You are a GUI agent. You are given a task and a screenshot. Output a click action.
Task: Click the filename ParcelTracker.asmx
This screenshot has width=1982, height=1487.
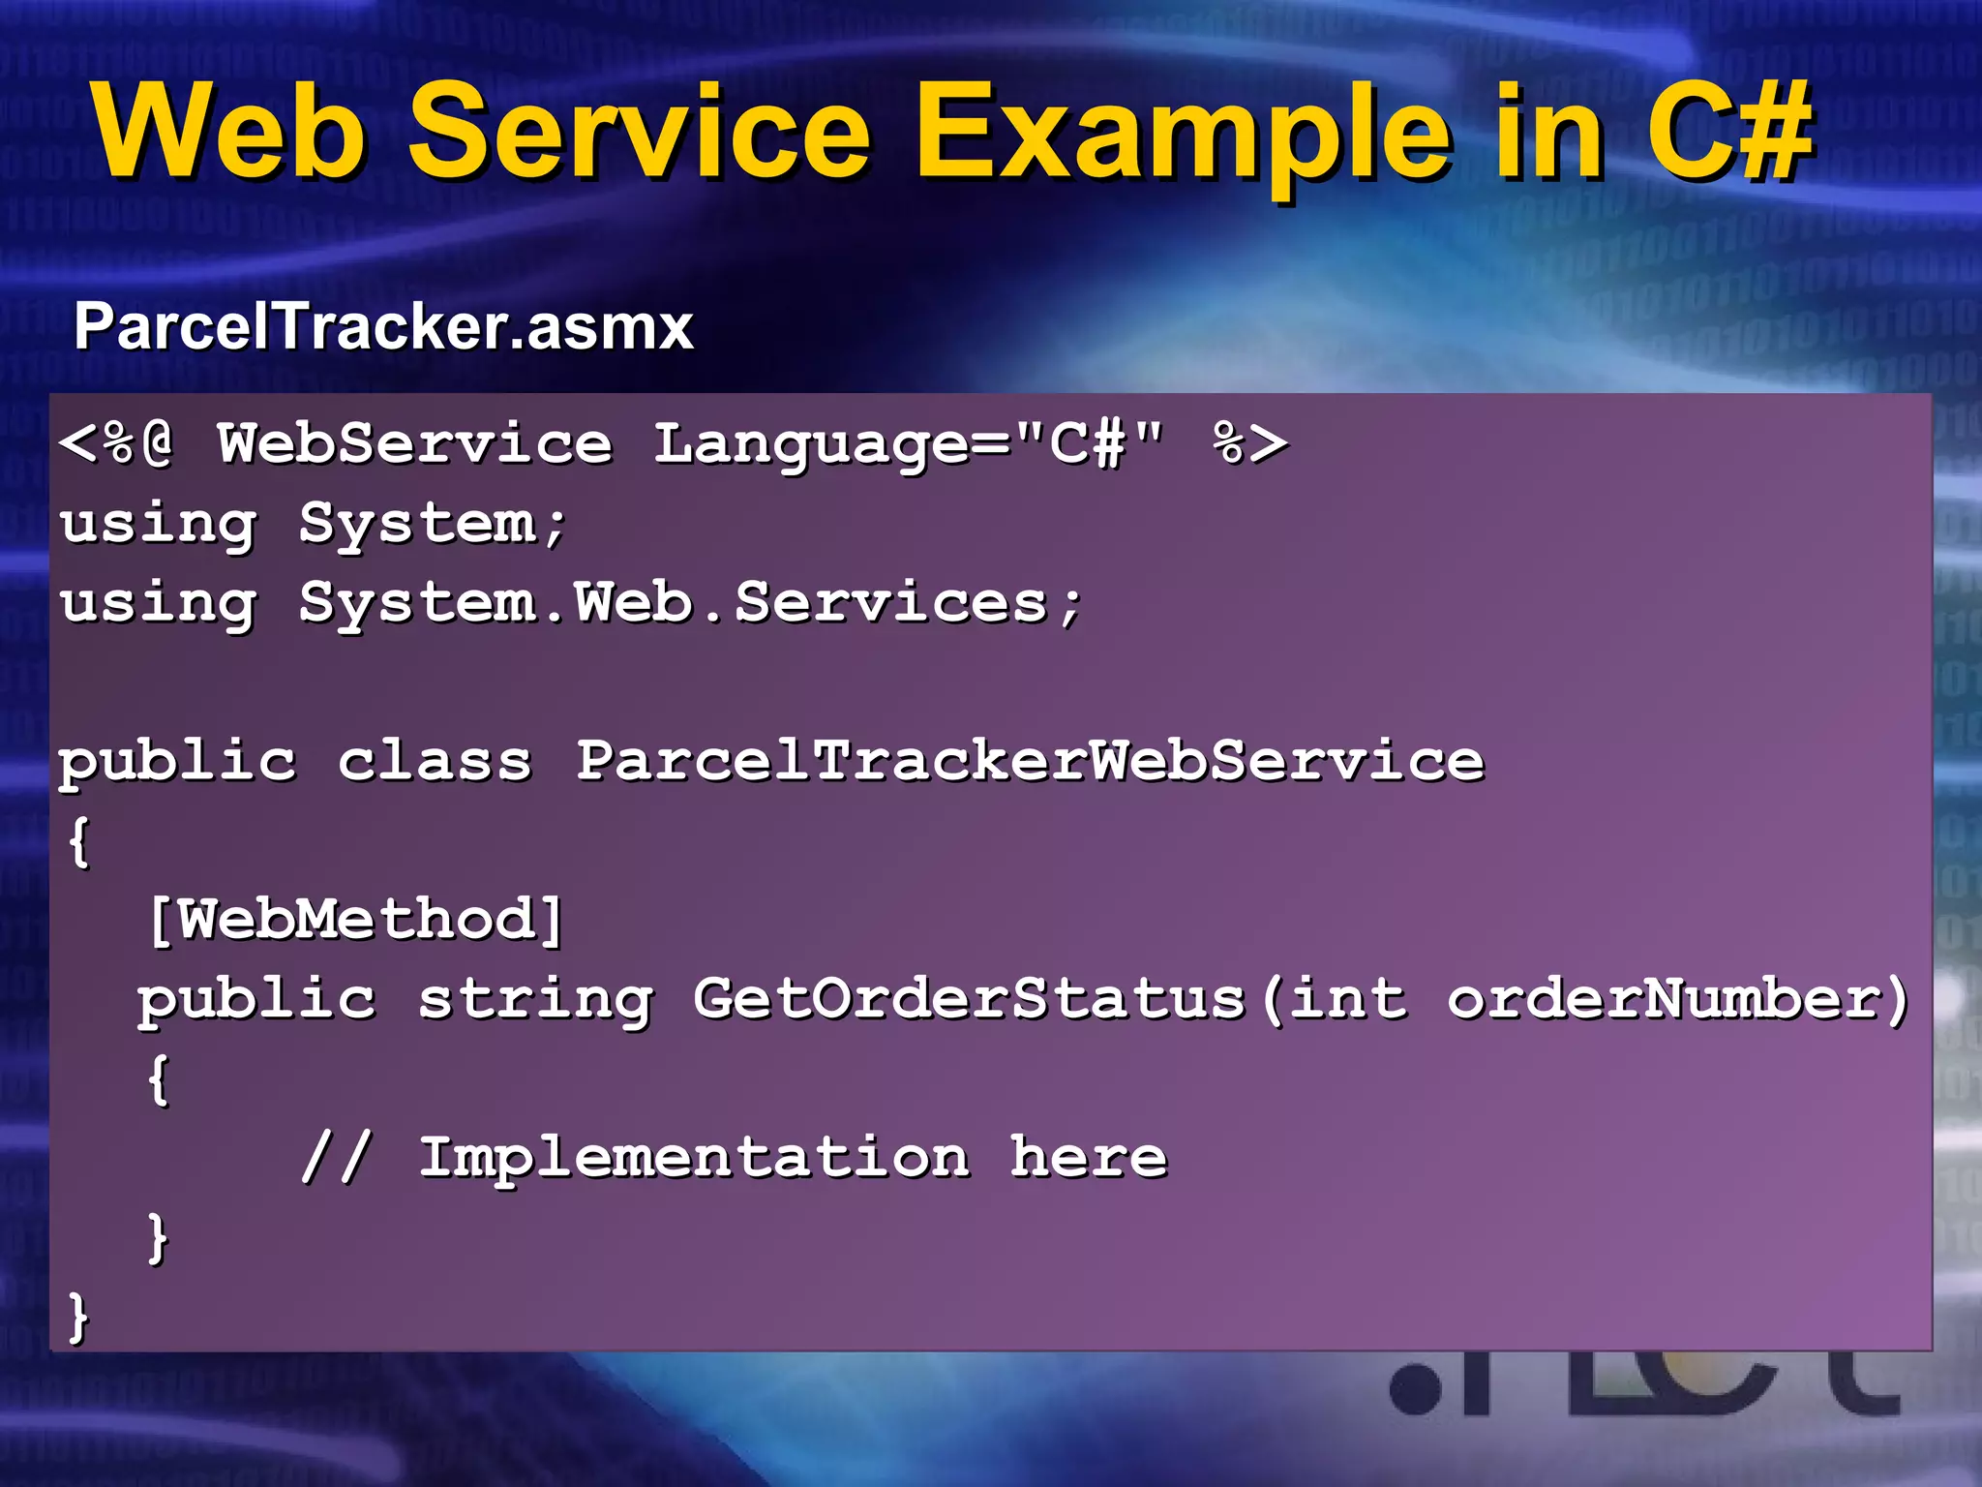(383, 327)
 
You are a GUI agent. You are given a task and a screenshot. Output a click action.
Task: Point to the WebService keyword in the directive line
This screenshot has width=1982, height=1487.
(414, 445)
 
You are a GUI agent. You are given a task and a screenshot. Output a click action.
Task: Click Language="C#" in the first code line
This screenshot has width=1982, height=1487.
(908, 445)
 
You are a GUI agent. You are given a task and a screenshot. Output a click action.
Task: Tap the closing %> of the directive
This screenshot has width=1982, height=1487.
(1249, 445)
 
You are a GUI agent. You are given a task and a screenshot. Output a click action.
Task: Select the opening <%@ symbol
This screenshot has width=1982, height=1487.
(116, 445)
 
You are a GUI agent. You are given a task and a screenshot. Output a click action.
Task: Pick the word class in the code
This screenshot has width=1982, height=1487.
(435, 762)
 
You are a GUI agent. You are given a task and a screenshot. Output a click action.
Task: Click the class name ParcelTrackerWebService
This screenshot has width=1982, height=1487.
(1030, 762)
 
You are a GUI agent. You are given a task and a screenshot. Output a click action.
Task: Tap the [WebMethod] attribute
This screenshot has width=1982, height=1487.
(355, 920)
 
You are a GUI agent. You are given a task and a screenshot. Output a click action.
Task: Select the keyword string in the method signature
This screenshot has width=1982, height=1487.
(535, 1000)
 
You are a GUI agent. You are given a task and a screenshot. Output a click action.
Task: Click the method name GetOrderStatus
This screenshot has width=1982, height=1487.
(968, 1000)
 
